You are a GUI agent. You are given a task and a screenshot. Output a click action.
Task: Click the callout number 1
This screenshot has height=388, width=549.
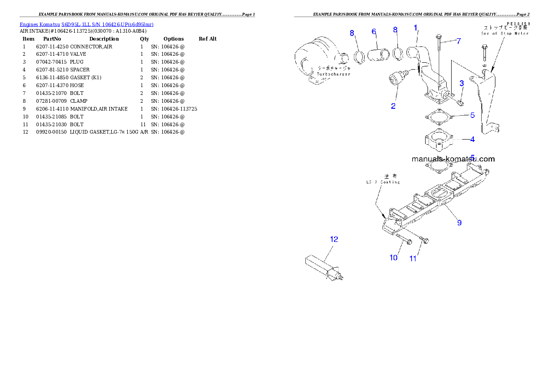click(x=415, y=28)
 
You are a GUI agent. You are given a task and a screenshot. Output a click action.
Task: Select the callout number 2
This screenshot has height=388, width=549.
click(x=393, y=106)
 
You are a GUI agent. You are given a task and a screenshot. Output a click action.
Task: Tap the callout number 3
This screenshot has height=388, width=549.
click(x=461, y=83)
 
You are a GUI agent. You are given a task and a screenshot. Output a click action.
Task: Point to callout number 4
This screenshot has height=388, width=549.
click(x=472, y=138)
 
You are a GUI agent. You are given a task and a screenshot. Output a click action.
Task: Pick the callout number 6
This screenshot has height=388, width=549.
click(x=374, y=31)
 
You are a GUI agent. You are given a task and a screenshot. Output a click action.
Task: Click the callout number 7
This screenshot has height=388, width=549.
click(x=458, y=41)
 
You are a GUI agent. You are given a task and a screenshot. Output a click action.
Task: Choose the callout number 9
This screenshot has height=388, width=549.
click(x=459, y=223)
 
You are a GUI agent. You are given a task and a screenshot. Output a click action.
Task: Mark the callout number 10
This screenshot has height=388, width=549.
click(x=393, y=258)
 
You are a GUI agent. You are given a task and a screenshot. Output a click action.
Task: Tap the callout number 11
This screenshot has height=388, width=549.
click(x=413, y=259)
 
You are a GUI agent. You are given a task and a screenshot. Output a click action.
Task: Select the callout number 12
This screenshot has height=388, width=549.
click(x=334, y=239)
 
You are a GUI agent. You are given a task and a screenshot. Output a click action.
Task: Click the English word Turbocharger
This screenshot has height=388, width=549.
click(x=334, y=74)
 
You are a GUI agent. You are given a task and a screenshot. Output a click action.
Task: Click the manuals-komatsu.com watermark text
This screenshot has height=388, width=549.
click(x=453, y=159)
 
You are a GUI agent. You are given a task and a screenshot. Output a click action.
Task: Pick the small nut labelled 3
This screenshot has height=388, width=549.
click(x=460, y=100)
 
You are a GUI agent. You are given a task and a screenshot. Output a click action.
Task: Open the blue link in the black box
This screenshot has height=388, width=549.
click(x=86, y=24)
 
